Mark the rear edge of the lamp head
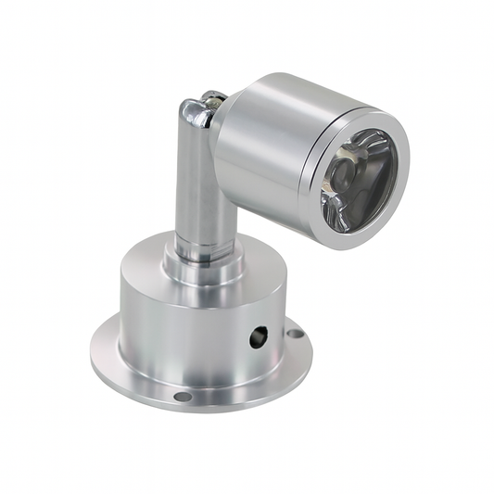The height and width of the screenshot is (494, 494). [x=222, y=139]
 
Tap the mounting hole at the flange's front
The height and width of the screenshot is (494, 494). [x=183, y=397]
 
